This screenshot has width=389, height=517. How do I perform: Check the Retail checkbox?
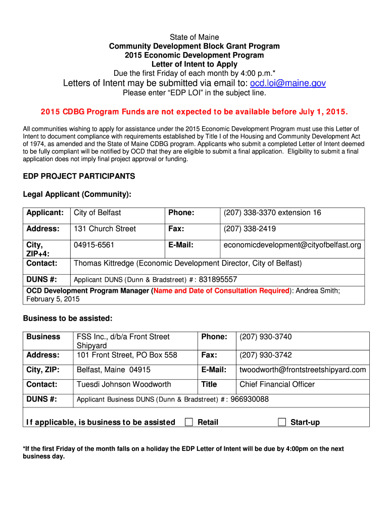coord(189,422)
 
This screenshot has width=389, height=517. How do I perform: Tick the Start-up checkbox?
coord(282,422)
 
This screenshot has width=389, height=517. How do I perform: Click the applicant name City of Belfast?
coord(98,213)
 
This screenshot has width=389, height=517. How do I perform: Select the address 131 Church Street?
coord(105,229)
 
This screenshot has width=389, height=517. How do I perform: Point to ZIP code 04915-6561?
coord(94,245)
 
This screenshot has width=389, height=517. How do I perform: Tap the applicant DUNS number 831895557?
coord(218,279)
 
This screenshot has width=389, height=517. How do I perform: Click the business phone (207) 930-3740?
coord(266,337)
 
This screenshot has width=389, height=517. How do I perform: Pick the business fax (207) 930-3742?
coord(266,355)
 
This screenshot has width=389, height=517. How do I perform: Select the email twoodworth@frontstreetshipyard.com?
coord(303,370)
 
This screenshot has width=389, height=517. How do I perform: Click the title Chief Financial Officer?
coord(277,384)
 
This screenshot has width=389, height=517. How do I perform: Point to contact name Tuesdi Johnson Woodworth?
coord(124,384)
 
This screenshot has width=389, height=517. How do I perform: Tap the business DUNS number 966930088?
coord(250,399)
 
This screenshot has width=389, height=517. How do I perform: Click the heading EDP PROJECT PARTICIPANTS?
coord(79,176)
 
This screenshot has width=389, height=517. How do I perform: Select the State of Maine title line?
coord(194,37)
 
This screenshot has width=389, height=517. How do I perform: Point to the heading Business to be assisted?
coord(68,318)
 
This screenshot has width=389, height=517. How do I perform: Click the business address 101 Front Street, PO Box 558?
coord(127,355)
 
